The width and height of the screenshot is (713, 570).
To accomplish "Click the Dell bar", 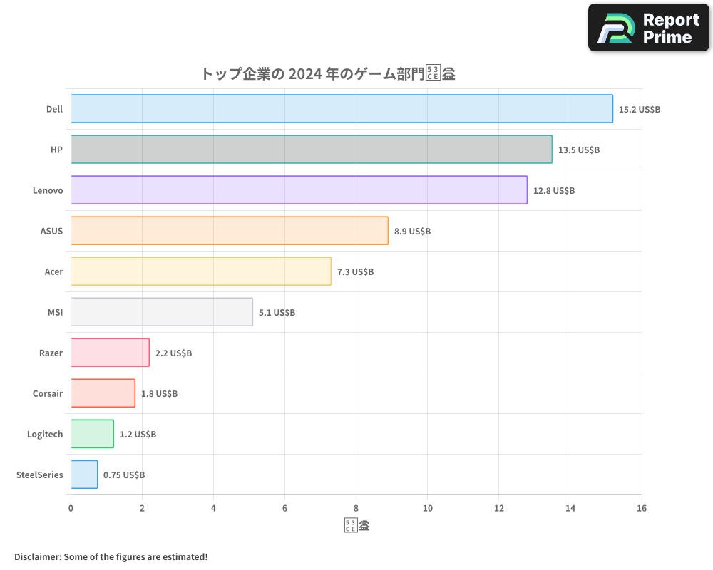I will [x=342, y=109].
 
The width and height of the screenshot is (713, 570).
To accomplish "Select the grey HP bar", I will [x=311, y=150].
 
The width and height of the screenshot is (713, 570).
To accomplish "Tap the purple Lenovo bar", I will [x=299, y=190].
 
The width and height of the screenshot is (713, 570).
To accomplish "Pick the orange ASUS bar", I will [x=229, y=231].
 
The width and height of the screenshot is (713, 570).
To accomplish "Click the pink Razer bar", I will [x=110, y=353].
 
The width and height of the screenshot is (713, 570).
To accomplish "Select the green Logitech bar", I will [x=92, y=434].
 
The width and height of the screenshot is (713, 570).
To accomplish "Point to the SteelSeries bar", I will [x=84, y=475].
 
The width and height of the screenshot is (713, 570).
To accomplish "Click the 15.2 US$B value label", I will [x=640, y=110].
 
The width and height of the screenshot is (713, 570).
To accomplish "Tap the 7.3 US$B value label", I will [x=355, y=272].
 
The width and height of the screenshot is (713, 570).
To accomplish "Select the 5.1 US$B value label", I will [x=277, y=313].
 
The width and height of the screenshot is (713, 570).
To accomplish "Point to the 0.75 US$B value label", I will [x=124, y=475].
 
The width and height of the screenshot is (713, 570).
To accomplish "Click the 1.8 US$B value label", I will [x=159, y=394].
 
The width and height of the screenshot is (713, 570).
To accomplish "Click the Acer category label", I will [x=53, y=271].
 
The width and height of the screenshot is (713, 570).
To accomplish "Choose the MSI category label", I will [x=54, y=312].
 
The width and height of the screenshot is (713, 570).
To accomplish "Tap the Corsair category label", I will [x=48, y=393].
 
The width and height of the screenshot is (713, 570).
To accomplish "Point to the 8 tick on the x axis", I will [x=356, y=508].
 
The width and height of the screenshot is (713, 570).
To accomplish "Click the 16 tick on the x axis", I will [x=641, y=508].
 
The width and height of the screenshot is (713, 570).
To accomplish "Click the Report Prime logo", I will [x=649, y=28].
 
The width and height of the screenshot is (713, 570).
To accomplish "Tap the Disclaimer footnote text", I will [x=111, y=556].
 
